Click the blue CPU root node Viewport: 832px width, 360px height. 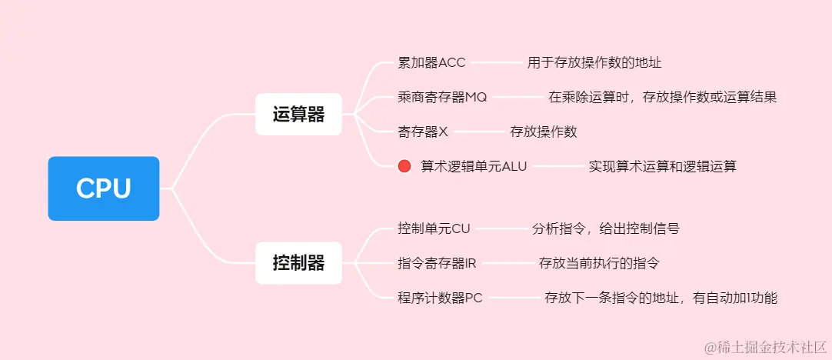coord(104,188)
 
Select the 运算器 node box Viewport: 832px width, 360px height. coord(298,115)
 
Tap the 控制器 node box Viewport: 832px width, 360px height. coord(298,263)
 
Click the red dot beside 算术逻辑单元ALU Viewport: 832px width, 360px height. coord(404,166)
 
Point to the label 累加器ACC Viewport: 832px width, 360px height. coord(431,62)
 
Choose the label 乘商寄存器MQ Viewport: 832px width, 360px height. coord(442,97)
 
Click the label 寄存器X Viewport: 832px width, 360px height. coord(423,132)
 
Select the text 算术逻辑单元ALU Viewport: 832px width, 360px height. coord(474,166)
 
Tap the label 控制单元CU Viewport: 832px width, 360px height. coord(434,228)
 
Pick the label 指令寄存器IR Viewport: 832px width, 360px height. coord(437,263)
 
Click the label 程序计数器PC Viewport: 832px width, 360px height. coord(440,298)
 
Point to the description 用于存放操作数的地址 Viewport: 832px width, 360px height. coord(594,62)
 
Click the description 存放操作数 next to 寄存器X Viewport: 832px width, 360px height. coord(544,132)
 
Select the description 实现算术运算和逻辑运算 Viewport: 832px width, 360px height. coord(662,166)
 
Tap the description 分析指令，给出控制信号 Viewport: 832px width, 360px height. coord(606,228)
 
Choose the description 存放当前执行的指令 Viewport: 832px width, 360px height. coord(599,263)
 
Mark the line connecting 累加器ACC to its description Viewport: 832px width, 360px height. coord(497,62)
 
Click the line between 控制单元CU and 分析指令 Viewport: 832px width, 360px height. coord(501,228)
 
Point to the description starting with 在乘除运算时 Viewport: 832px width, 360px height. coord(663,97)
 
